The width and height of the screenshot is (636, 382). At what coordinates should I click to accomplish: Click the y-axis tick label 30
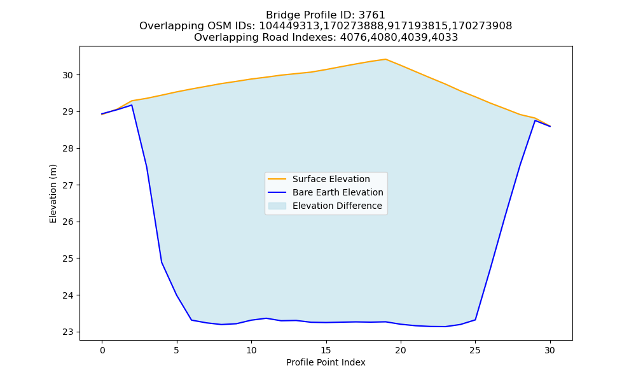click(x=67, y=76)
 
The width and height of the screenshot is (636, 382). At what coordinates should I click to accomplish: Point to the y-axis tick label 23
click(x=67, y=332)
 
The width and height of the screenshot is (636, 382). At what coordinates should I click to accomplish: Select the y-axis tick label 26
click(x=67, y=222)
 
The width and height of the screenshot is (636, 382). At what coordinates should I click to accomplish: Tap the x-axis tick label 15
click(x=326, y=350)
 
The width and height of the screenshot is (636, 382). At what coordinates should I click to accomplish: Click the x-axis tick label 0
click(x=102, y=350)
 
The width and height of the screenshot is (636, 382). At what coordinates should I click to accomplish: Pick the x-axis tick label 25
click(x=475, y=350)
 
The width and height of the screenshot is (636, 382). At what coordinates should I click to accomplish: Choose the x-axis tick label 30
click(x=550, y=350)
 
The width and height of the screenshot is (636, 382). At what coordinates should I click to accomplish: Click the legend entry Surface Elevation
click(x=331, y=179)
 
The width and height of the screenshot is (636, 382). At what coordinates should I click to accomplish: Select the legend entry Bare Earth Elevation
click(x=338, y=192)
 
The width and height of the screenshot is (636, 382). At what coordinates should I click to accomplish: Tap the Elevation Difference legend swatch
click(x=277, y=206)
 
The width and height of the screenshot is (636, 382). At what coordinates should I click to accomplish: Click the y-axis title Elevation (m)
click(x=53, y=194)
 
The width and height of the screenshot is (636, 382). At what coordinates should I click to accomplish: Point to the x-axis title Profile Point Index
click(x=326, y=362)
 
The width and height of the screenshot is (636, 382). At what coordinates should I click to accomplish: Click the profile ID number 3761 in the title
click(x=372, y=15)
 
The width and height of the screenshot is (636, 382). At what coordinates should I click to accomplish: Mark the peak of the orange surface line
click(x=385, y=59)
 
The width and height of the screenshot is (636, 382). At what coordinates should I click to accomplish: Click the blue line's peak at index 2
click(x=132, y=105)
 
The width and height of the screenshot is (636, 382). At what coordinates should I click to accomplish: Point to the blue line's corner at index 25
click(x=475, y=320)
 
